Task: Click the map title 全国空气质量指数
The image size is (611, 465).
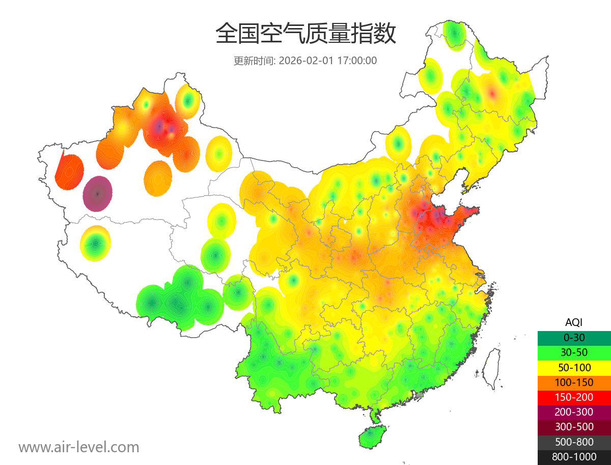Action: coord(305,34)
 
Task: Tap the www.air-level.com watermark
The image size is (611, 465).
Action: coord(79,447)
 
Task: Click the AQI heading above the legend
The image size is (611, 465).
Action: coord(574,322)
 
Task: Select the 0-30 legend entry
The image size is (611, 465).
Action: coord(574,337)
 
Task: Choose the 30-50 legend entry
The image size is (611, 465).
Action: coord(574,352)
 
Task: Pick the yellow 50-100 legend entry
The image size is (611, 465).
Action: coord(574,367)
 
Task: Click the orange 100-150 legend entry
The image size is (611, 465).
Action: coord(574,382)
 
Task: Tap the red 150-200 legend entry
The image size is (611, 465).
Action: coord(574,397)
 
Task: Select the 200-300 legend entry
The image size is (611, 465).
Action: coord(574,412)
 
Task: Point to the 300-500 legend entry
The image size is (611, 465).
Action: coord(574,427)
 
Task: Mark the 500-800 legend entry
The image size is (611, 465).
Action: coord(574,442)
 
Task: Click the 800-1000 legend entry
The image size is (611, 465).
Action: coord(574,457)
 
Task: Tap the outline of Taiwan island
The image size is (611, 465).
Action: coord(491,368)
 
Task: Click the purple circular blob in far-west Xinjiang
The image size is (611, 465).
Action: coord(98,194)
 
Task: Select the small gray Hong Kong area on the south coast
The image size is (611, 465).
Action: coord(420,395)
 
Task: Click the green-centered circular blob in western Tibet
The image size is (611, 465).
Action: coord(95,243)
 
